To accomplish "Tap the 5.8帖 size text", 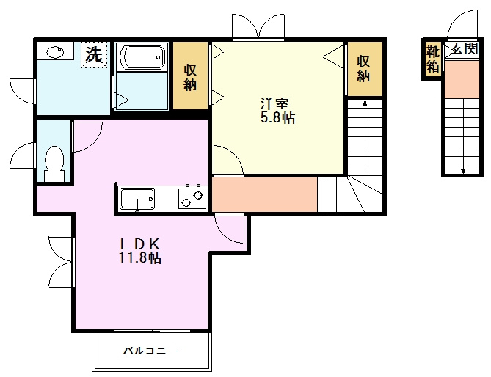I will [x=277, y=117].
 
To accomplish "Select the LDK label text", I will [x=140, y=244].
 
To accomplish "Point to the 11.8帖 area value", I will [x=140, y=257].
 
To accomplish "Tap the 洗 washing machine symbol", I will [x=93, y=54].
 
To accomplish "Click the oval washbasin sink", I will [x=56, y=52].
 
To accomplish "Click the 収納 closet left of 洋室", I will [x=191, y=77].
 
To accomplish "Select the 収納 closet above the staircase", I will [x=363, y=68].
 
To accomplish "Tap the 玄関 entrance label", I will [x=464, y=50].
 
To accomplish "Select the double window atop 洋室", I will [x=258, y=27].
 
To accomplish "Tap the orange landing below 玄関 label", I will [x=463, y=78].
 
